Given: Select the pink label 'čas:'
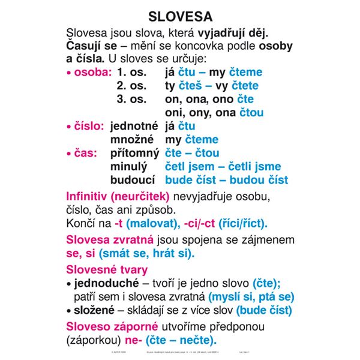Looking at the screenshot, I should pyautogui.click(x=84, y=153).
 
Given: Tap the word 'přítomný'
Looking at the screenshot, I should pyautogui.click(x=133, y=153).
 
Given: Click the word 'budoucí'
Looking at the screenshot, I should pyautogui.click(x=133, y=179).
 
